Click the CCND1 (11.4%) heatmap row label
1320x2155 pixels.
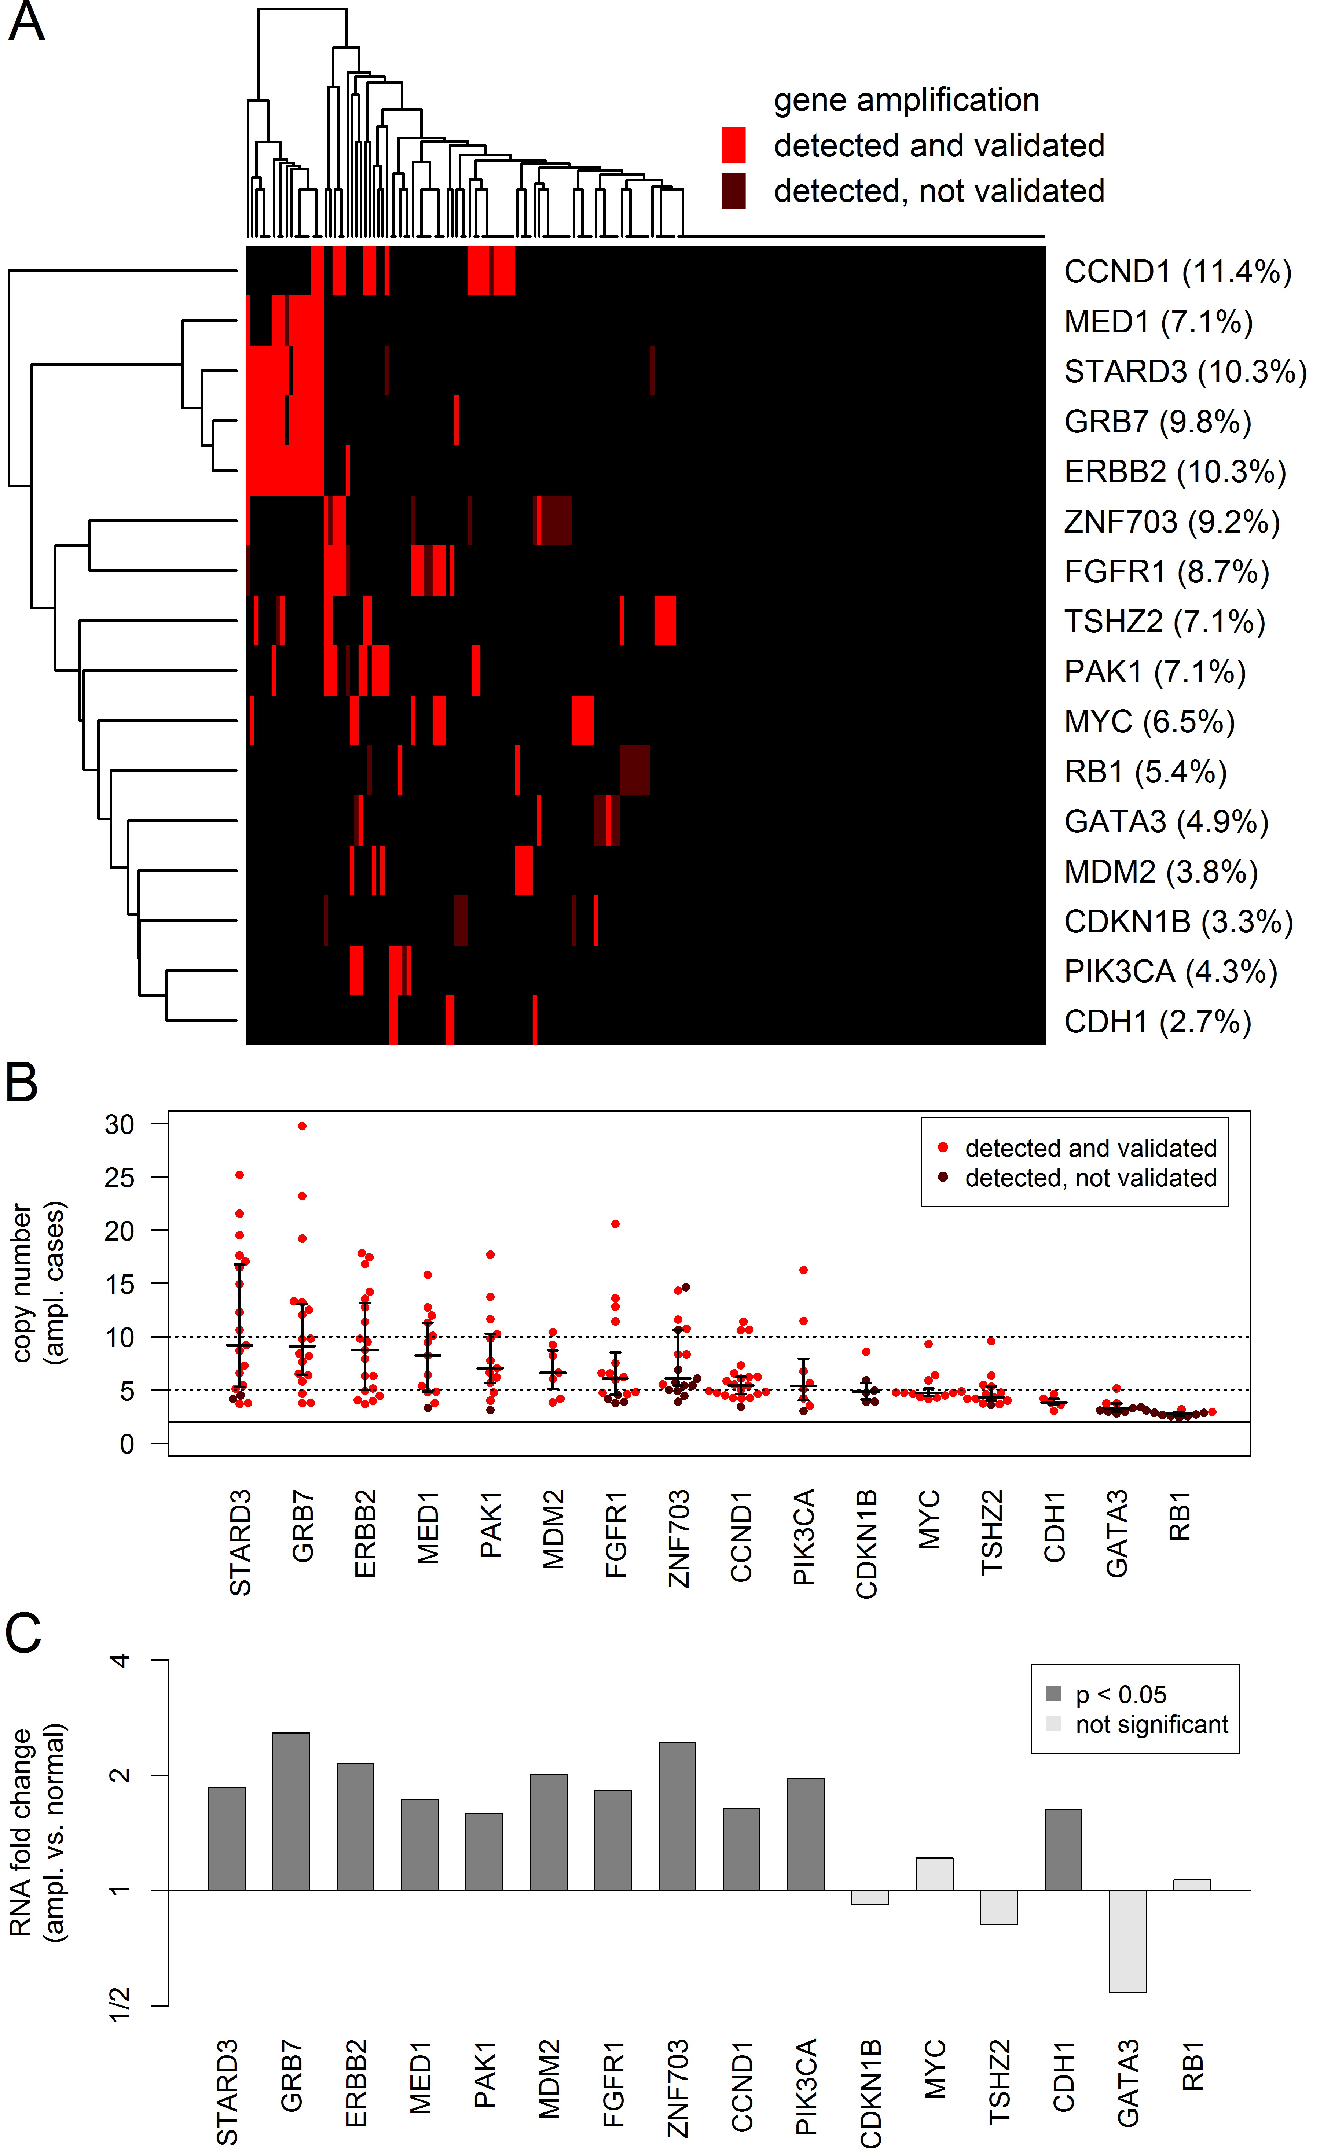1177,272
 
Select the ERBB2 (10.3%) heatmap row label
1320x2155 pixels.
1174,472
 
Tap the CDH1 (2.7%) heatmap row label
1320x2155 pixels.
1156,1021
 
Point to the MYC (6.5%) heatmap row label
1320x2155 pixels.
1148,722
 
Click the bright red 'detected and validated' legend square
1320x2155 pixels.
733,145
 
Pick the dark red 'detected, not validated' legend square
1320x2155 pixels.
733,191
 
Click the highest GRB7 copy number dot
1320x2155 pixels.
302,1127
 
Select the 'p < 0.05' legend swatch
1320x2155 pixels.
1053,1694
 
